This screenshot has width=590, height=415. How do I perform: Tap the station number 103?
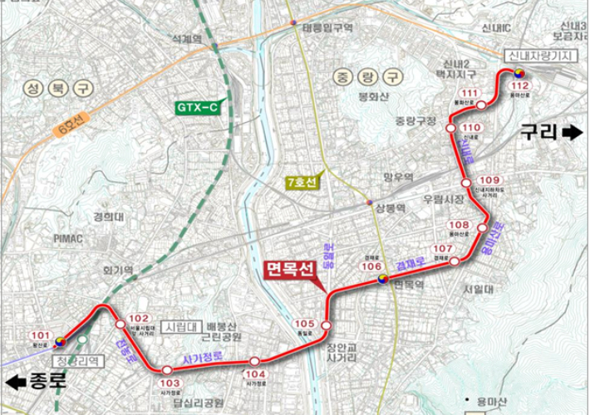(170, 383)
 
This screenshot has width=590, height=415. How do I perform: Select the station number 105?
(305, 324)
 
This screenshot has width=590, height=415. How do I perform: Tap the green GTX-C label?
(197, 107)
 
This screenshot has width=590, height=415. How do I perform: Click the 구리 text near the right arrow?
(538, 131)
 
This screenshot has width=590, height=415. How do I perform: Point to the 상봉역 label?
(390, 207)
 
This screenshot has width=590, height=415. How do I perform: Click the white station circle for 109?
(467, 183)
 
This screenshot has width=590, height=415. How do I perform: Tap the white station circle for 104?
(255, 362)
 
